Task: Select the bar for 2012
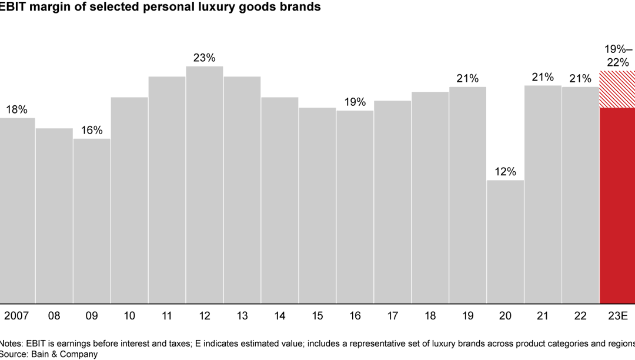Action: click(x=205, y=185)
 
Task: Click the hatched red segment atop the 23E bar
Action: click(x=617, y=89)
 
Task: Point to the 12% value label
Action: click(x=505, y=172)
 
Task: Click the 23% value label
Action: click(x=205, y=58)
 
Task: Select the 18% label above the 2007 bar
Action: click(x=17, y=110)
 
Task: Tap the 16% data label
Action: click(x=92, y=131)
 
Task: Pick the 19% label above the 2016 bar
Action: click(x=355, y=102)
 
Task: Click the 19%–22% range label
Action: click(x=617, y=55)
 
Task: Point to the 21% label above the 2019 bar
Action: click(x=467, y=79)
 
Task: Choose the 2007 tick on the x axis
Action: click(x=16, y=316)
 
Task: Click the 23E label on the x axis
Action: click(x=617, y=316)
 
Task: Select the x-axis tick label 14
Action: click(x=280, y=316)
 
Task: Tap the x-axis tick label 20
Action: click(x=505, y=316)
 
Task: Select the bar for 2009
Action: click(x=92, y=221)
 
